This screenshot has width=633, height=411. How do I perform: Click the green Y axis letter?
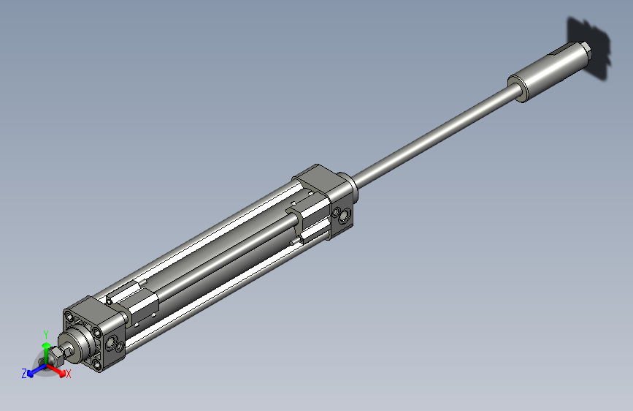46,332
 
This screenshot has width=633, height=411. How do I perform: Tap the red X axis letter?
69,374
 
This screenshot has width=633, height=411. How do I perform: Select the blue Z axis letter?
24,373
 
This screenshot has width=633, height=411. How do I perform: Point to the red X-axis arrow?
58,369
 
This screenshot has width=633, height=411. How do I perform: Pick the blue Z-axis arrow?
34,372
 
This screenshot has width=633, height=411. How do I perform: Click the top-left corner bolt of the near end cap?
69,317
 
